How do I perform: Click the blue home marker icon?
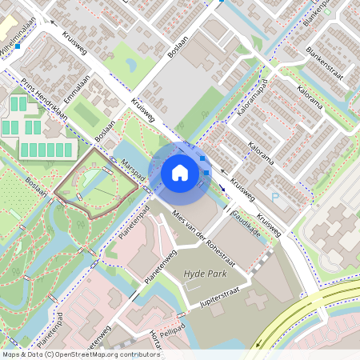click(180, 172)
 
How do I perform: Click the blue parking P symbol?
click(275, 197)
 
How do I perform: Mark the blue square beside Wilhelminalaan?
click(18, 47)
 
